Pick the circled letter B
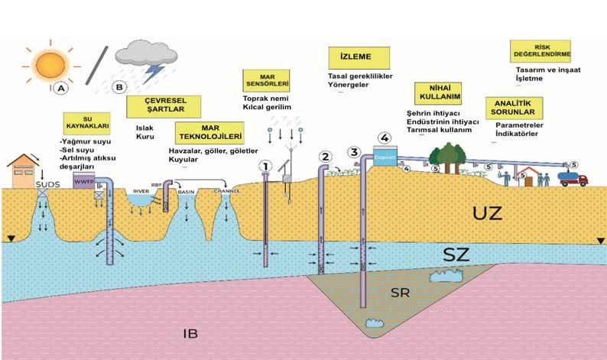click(x=118, y=86)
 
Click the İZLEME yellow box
click(x=359, y=57)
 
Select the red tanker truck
click(x=573, y=178)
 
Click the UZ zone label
click(x=489, y=213)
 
